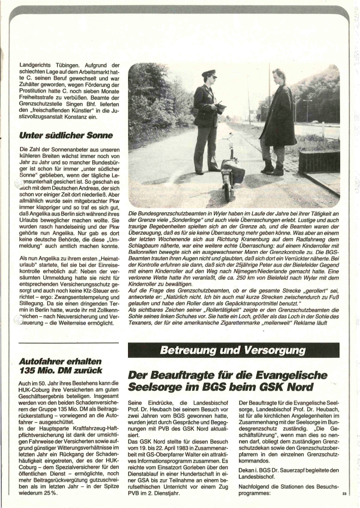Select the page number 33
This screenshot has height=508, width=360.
pos(344,494)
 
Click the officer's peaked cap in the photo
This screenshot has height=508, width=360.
pos(209,74)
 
